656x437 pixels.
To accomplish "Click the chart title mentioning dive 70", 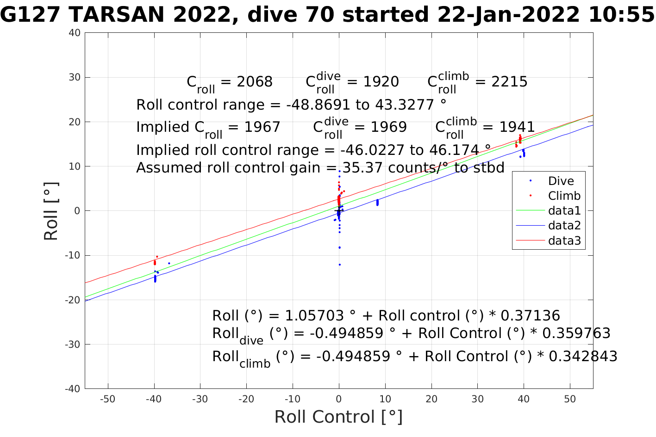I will tap(328, 15).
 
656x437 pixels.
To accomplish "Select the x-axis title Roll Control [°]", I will tap(338, 417).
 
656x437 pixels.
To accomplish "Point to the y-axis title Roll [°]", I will tap(51, 211).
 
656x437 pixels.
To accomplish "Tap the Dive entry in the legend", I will tap(561, 181).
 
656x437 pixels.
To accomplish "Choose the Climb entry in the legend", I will tap(564, 196).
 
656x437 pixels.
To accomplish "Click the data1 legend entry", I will tap(564, 211).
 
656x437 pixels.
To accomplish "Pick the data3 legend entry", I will tap(564, 240).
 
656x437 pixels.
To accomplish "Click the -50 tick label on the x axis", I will tap(107, 399).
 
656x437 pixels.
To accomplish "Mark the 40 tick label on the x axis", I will tap(524, 399).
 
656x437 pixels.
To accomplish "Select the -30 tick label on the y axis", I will tap(73, 345).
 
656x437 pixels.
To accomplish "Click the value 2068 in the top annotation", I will tap(255, 82).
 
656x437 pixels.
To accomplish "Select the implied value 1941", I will tap(517, 127).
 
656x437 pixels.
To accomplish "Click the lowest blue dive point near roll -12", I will tap(339, 265).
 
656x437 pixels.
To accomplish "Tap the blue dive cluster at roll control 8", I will tap(377, 203).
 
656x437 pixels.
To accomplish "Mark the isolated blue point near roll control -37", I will tap(169, 263).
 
